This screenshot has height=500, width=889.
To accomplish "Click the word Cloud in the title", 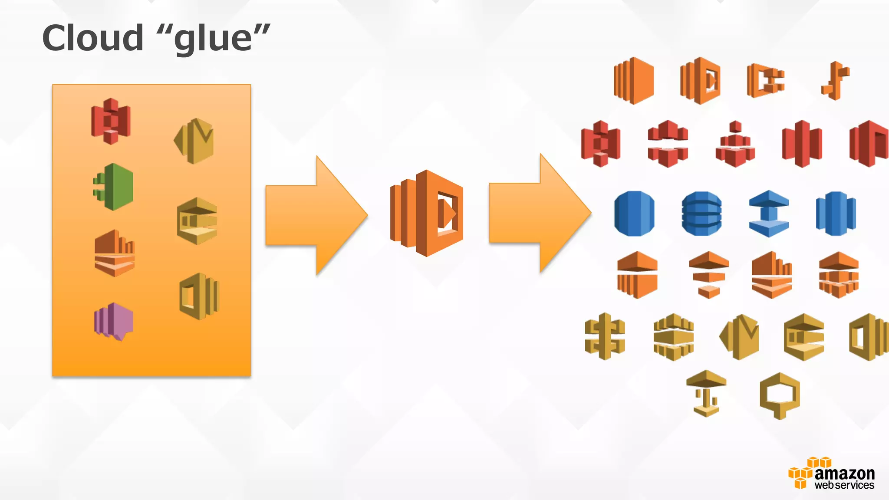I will tap(93, 38).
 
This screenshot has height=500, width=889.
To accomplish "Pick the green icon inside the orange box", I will tap(113, 187).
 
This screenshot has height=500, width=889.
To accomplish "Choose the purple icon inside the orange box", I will tap(114, 322).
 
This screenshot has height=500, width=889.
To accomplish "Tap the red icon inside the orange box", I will tap(111, 121).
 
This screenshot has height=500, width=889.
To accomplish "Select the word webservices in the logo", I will tap(844, 485).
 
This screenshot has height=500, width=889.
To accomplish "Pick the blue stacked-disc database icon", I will tap(701, 214).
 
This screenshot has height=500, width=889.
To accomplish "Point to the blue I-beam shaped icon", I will tap(769, 214).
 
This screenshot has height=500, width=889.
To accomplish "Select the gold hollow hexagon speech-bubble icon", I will tap(780, 395).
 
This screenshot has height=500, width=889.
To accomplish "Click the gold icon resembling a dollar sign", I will tap(605, 336).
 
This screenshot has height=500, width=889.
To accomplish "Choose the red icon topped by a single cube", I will tap(735, 144).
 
